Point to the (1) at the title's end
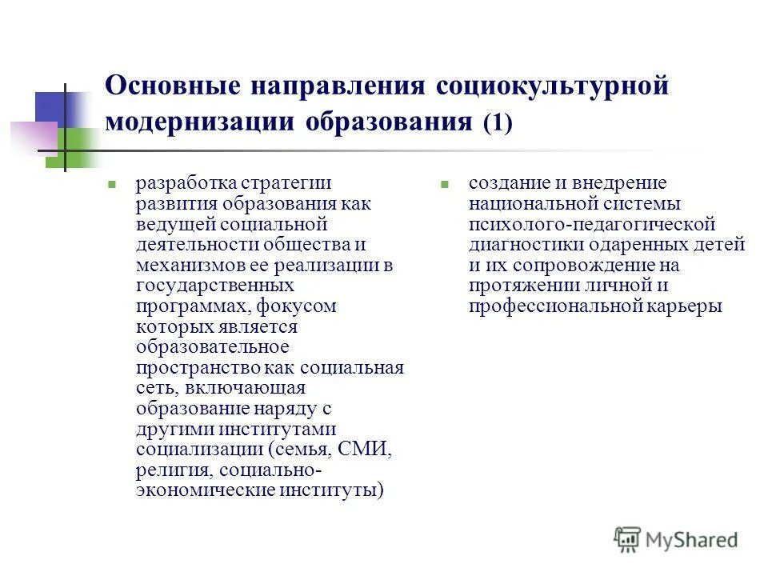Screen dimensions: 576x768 coord(496,123)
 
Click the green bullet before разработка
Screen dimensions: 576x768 coord(113,183)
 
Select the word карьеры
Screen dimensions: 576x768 coord(687,306)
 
